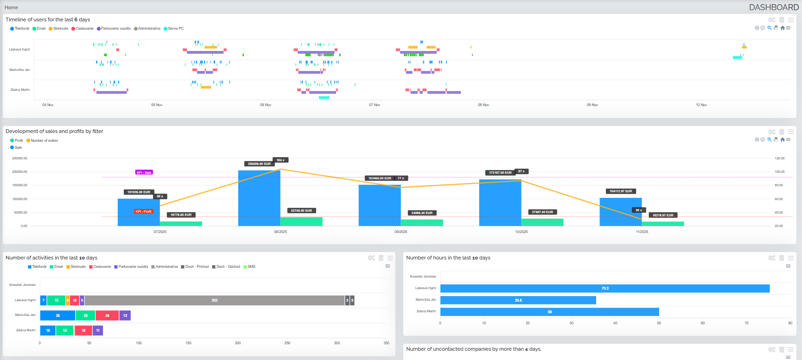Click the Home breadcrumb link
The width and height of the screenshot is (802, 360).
[x=11, y=7]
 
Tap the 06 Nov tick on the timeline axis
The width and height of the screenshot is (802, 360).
[x=266, y=105]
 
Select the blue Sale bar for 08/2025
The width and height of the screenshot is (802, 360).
[x=259, y=199]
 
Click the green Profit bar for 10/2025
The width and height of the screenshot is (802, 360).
[x=542, y=222]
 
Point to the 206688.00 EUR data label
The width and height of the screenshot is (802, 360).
[x=259, y=164]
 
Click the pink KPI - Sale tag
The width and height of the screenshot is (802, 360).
[x=144, y=172]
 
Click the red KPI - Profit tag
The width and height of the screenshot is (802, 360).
[x=144, y=212]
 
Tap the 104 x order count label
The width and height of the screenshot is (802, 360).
[x=280, y=160]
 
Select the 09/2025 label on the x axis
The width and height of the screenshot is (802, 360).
[x=401, y=232]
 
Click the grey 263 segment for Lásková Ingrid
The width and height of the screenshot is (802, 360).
[x=215, y=301]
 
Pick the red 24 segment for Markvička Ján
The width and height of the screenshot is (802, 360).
[x=107, y=316]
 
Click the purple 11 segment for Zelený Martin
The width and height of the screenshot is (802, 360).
[x=98, y=331]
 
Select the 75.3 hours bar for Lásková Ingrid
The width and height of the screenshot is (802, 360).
[x=605, y=289]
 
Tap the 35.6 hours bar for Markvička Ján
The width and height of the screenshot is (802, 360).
[x=518, y=301]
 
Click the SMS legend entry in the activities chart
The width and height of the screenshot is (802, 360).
[x=251, y=267]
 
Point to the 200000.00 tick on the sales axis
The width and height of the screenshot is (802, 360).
[x=19, y=172]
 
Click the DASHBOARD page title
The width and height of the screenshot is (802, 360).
[x=774, y=7]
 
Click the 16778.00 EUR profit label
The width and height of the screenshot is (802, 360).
[x=181, y=215]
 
